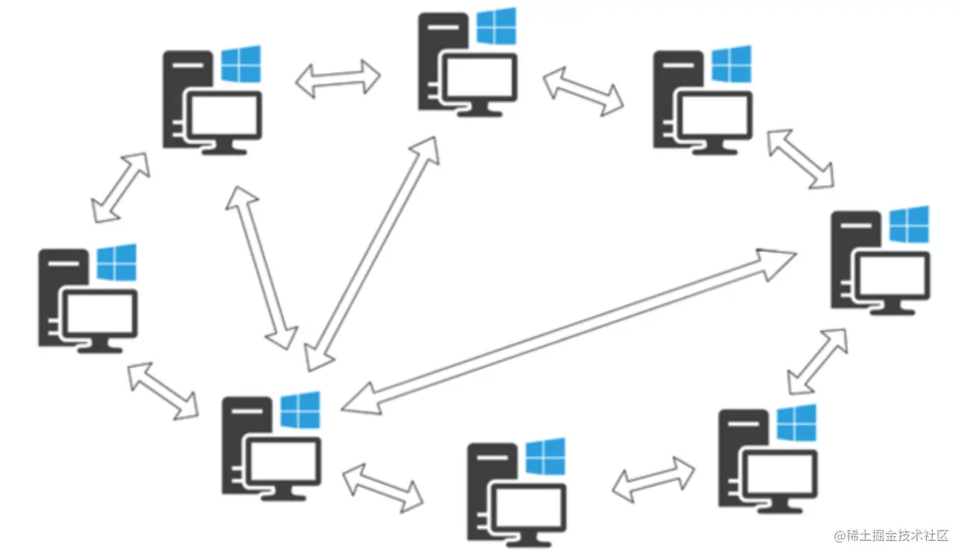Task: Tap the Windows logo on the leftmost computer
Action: click(116, 263)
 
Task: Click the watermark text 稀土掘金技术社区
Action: click(897, 536)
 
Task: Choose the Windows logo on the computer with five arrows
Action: click(300, 410)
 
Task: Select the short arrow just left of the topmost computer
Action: click(338, 78)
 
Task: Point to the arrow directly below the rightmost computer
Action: click(817, 361)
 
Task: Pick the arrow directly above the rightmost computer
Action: click(800, 159)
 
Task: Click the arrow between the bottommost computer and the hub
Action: click(383, 487)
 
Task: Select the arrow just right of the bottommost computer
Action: click(653, 478)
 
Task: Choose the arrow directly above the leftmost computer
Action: click(120, 187)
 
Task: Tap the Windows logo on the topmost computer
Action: click(496, 27)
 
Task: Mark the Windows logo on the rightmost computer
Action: click(909, 224)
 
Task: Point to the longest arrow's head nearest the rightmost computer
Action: click(778, 258)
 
